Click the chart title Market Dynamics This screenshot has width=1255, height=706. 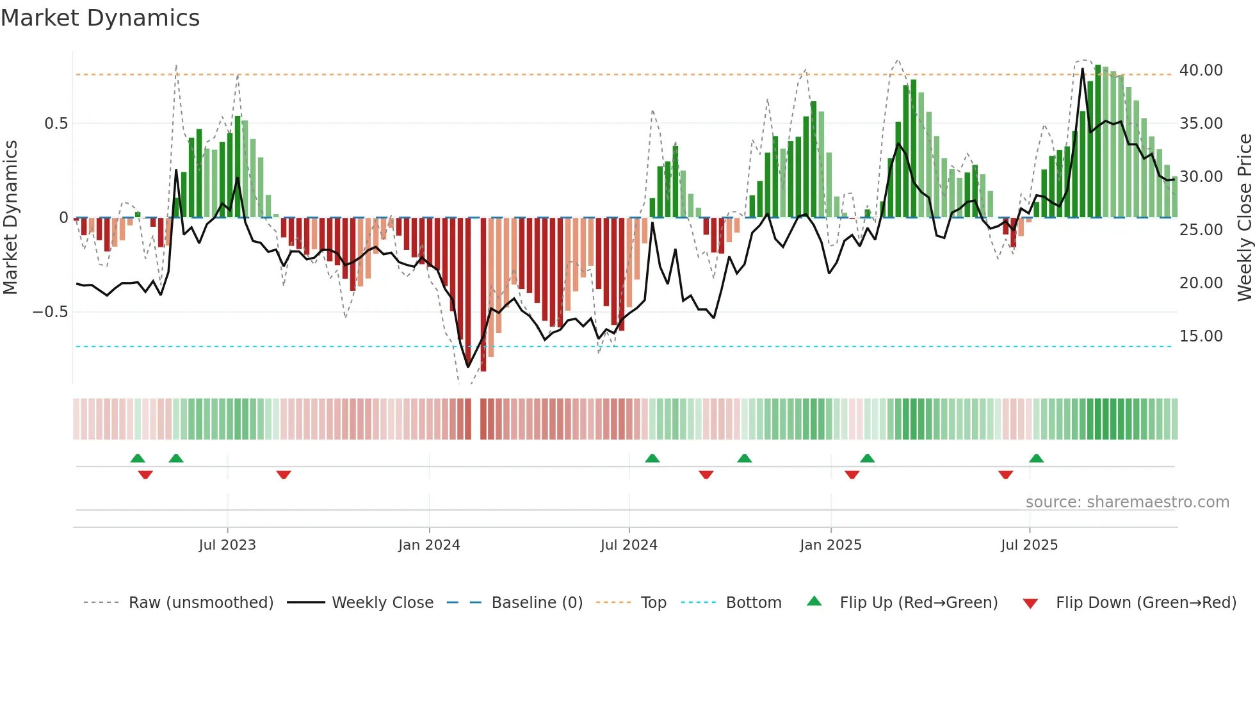point(100,18)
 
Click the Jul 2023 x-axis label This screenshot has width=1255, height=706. point(227,545)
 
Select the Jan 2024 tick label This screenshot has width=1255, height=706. point(429,545)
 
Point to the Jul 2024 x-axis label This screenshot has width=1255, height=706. point(629,545)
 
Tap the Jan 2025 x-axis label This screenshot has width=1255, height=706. point(830,545)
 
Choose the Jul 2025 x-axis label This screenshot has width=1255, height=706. point(1029,545)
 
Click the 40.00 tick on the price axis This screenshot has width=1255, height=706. point(1201,70)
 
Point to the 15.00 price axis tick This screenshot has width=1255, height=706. point(1201,336)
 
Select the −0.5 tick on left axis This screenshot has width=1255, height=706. point(50,312)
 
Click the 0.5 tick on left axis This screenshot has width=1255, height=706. point(56,124)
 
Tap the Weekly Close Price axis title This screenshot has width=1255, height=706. point(1244,217)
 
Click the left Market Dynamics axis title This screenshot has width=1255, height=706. point(11,217)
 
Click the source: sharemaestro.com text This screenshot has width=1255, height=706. point(1127,502)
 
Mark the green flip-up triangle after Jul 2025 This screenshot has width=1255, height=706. point(1036,458)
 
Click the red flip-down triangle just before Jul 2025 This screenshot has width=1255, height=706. point(1005,475)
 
